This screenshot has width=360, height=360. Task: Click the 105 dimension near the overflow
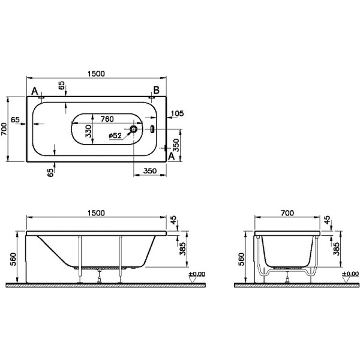point(176,113)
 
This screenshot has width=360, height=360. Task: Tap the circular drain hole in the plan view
point(134,128)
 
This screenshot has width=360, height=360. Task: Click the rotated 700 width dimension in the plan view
point(4,127)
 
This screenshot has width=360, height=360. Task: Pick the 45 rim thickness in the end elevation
point(327,221)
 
